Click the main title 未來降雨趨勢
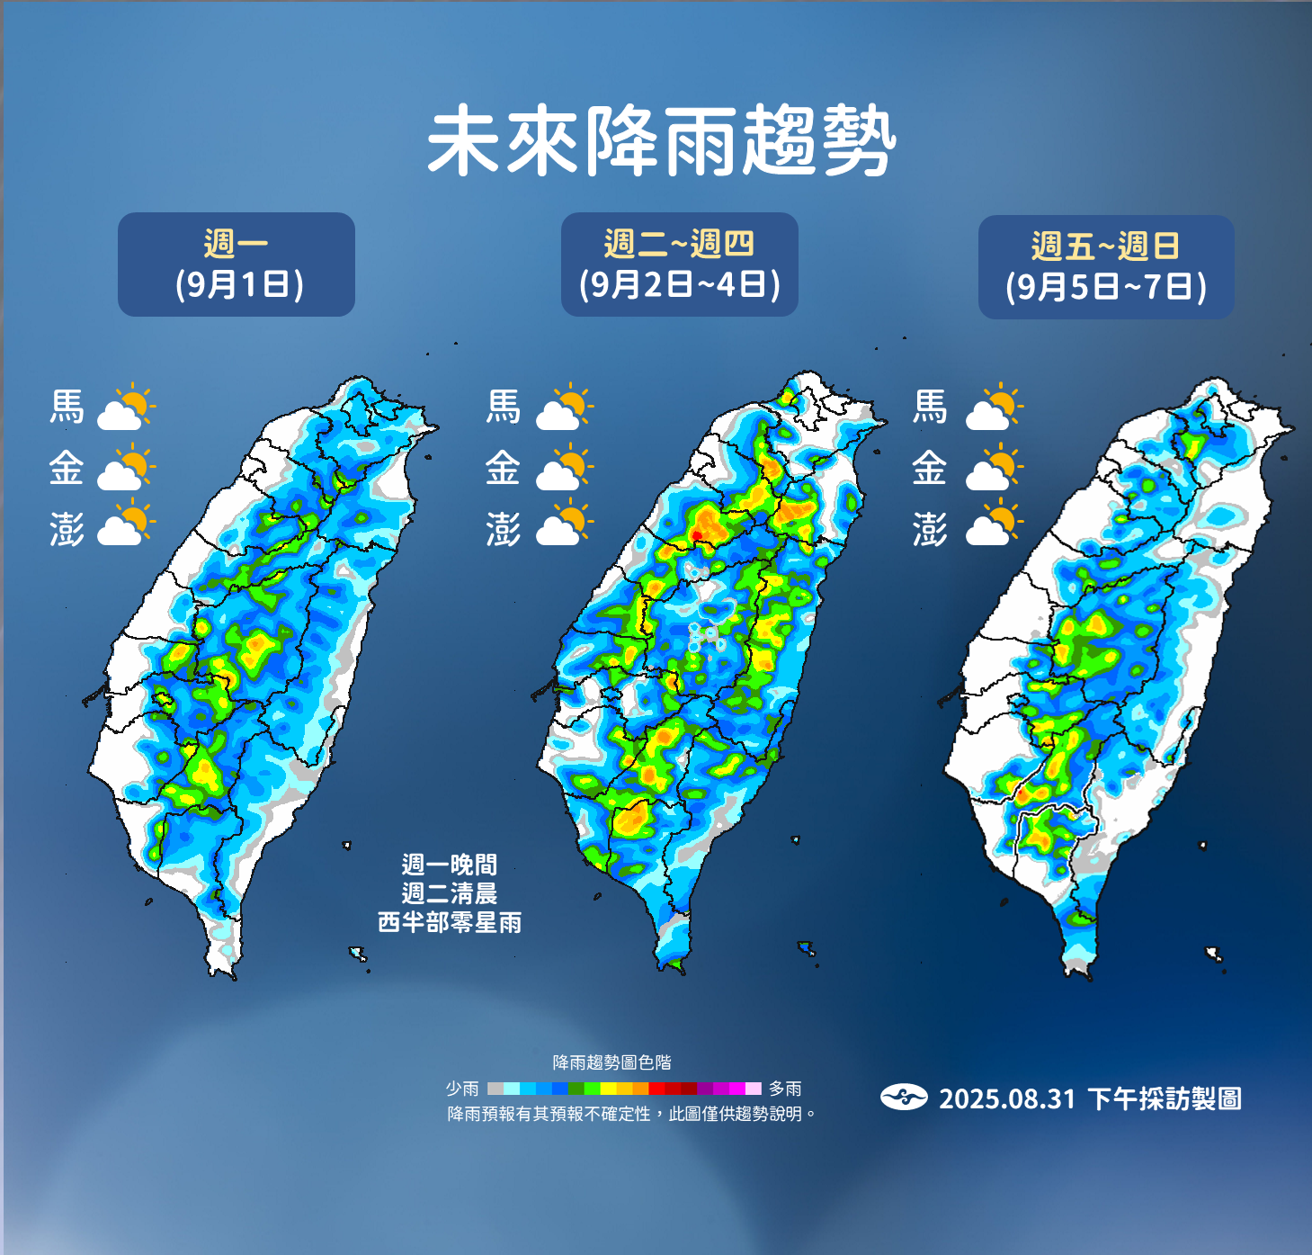pyautogui.click(x=661, y=141)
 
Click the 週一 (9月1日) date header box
pyautogui.click(x=237, y=264)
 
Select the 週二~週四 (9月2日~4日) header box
pyautogui.click(x=680, y=264)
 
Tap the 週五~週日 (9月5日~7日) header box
pyautogui.click(x=1106, y=267)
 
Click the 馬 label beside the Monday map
pyautogui.click(x=67, y=407)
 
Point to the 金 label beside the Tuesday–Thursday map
pyautogui.click(x=503, y=468)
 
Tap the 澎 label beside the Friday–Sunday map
pyautogui.click(x=930, y=529)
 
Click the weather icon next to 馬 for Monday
pyautogui.click(x=126, y=408)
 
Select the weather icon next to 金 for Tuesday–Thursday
pyautogui.click(x=565, y=469)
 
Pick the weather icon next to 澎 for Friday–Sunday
pyautogui.click(x=994, y=526)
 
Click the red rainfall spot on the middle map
pyautogui.click(x=697, y=536)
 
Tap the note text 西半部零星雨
pyautogui.click(x=450, y=923)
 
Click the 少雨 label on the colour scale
pyautogui.click(x=462, y=1089)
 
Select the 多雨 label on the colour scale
pyautogui.click(x=785, y=1089)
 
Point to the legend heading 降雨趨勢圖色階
pyautogui.click(x=611, y=1062)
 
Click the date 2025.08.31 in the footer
pyautogui.click(x=1007, y=1098)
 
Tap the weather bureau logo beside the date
pyautogui.click(x=904, y=1098)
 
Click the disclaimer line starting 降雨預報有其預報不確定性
pyautogui.click(x=632, y=1114)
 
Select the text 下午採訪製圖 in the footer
pyautogui.click(x=1165, y=1098)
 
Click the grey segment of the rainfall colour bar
pyautogui.click(x=495, y=1089)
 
